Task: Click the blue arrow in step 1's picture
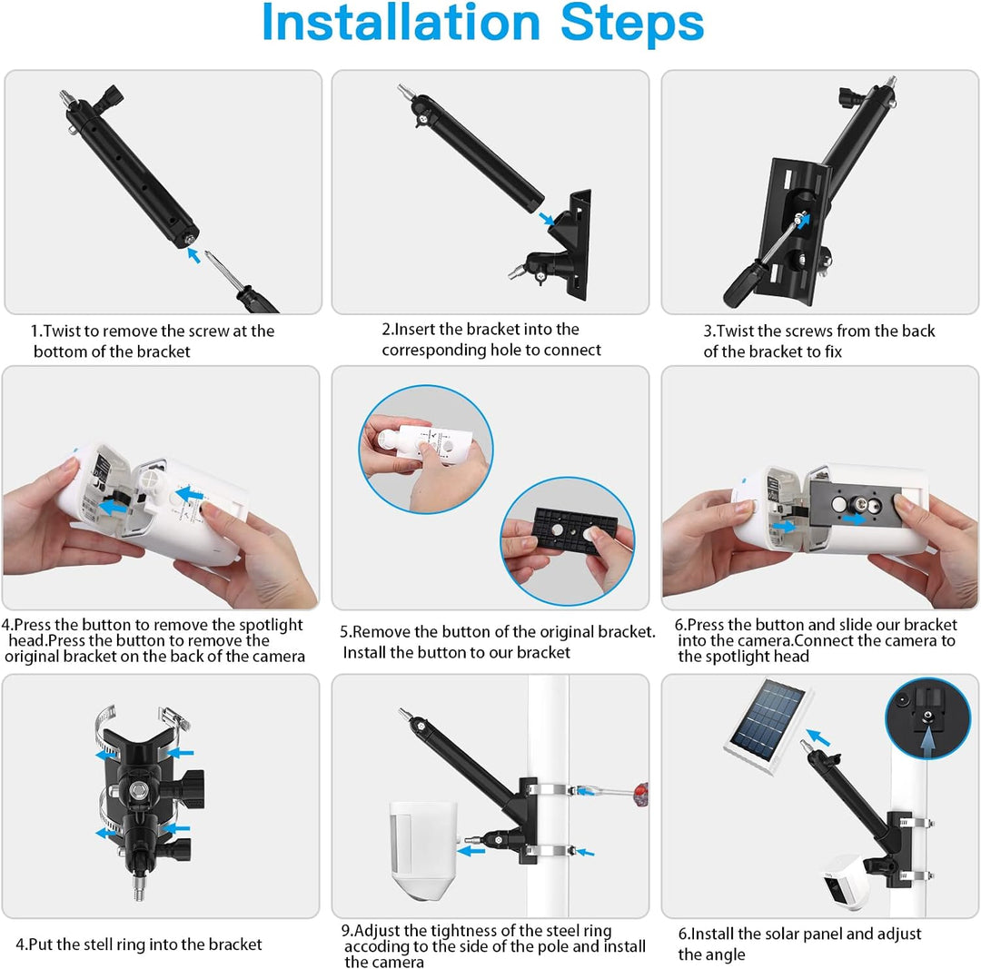point(193,255)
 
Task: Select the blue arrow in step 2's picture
point(545,219)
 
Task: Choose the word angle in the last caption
point(725,954)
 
